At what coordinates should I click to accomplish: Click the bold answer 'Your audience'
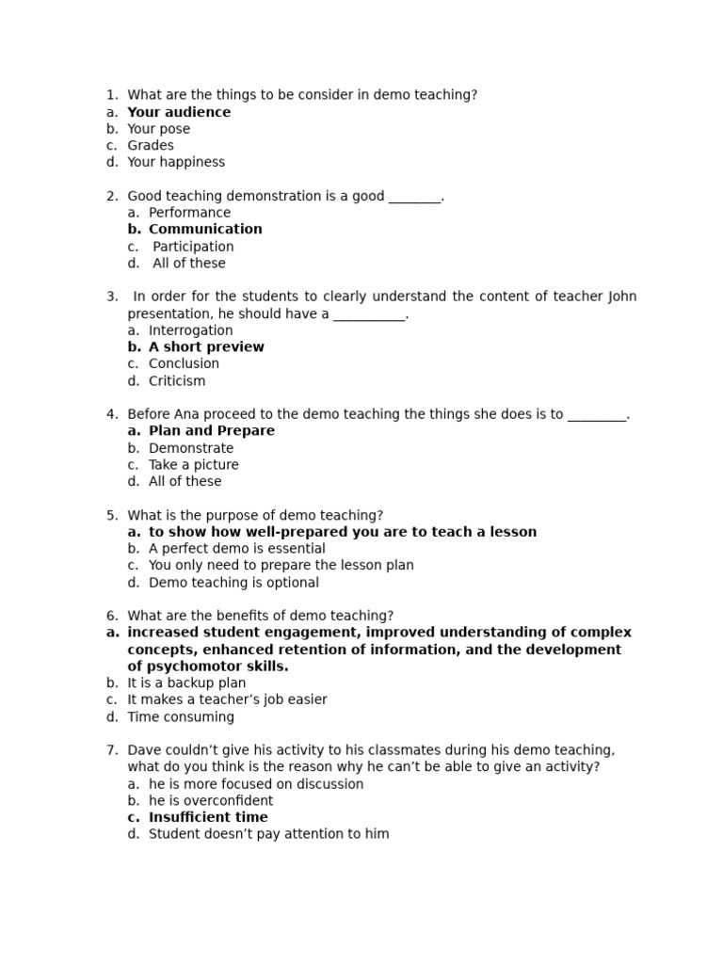(x=179, y=112)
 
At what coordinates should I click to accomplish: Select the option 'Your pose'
(x=158, y=129)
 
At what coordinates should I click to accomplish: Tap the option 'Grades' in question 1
(x=151, y=146)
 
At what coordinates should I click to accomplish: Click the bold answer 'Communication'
(x=205, y=229)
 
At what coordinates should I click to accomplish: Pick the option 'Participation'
(x=193, y=247)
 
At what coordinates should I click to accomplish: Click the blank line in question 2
(x=414, y=197)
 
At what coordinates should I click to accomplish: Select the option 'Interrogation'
(x=190, y=330)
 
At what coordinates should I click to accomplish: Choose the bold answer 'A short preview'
(x=206, y=346)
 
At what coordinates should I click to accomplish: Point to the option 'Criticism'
(x=177, y=381)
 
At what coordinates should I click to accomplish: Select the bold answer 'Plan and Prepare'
(x=212, y=431)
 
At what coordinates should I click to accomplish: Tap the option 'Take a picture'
(x=194, y=465)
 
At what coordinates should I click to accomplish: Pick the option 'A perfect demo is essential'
(x=237, y=549)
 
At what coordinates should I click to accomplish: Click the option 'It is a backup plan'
(x=186, y=683)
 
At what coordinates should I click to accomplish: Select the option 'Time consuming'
(x=181, y=717)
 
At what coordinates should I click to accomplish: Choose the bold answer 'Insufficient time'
(x=208, y=817)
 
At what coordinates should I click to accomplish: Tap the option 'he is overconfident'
(x=211, y=801)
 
